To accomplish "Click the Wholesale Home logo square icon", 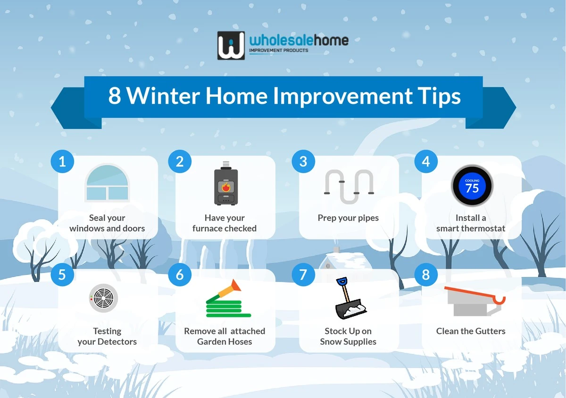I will tap(231, 46).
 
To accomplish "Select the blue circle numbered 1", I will tap(62, 162).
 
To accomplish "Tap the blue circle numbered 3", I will tap(303, 162).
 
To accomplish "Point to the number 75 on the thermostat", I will tap(472, 188).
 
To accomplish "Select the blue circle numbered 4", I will tap(426, 162).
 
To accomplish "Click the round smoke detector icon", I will tap(103, 298).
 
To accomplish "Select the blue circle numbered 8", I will tap(426, 274).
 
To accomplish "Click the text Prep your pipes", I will tap(348, 218).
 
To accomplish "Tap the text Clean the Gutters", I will tap(470, 331).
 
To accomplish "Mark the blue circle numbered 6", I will tap(180, 274).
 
